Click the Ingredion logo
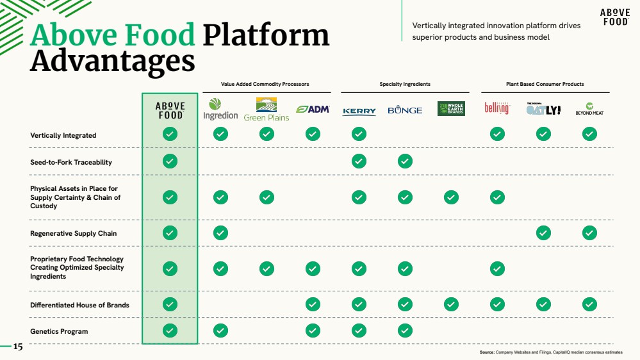tap(220, 109)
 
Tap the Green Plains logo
tap(267, 110)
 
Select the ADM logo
tap(313, 110)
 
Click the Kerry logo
tap(359, 111)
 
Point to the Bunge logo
tap(405, 110)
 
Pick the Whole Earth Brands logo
tap(451, 108)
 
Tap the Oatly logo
tap(543, 109)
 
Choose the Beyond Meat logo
tap(589, 109)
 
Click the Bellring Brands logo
tap(497, 108)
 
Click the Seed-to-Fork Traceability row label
tap(71, 162)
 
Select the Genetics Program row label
tap(59, 331)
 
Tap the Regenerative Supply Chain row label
tap(74, 233)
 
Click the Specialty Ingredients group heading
tap(405, 84)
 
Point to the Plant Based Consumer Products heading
tap(545, 84)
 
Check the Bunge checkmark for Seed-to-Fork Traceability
tap(405, 161)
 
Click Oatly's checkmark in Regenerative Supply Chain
tap(543, 233)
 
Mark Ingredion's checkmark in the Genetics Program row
tap(220, 331)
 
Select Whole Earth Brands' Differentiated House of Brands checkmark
tap(451, 304)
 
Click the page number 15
tap(18, 347)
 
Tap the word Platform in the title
tap(266, 35)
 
